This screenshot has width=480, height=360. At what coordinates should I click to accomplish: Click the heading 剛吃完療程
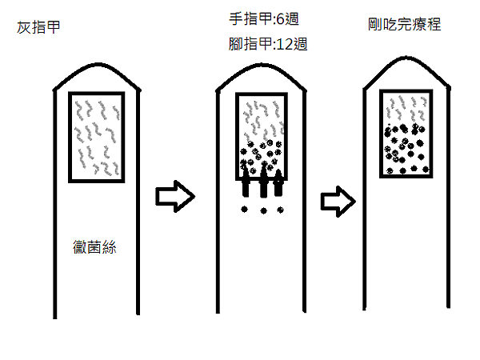coord(399,24)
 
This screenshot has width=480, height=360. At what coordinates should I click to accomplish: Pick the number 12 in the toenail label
coord(285,46)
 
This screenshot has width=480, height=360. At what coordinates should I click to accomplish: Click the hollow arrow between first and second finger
coord(174,195)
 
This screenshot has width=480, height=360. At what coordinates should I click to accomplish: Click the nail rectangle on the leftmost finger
coord(96,137)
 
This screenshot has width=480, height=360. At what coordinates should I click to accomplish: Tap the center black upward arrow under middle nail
coord(262,181)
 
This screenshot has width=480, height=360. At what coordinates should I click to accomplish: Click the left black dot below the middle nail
coord(246,210)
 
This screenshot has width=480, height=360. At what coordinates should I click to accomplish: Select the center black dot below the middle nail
coord(262,211)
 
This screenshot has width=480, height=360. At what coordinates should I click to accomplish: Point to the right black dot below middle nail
coord(280,210)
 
